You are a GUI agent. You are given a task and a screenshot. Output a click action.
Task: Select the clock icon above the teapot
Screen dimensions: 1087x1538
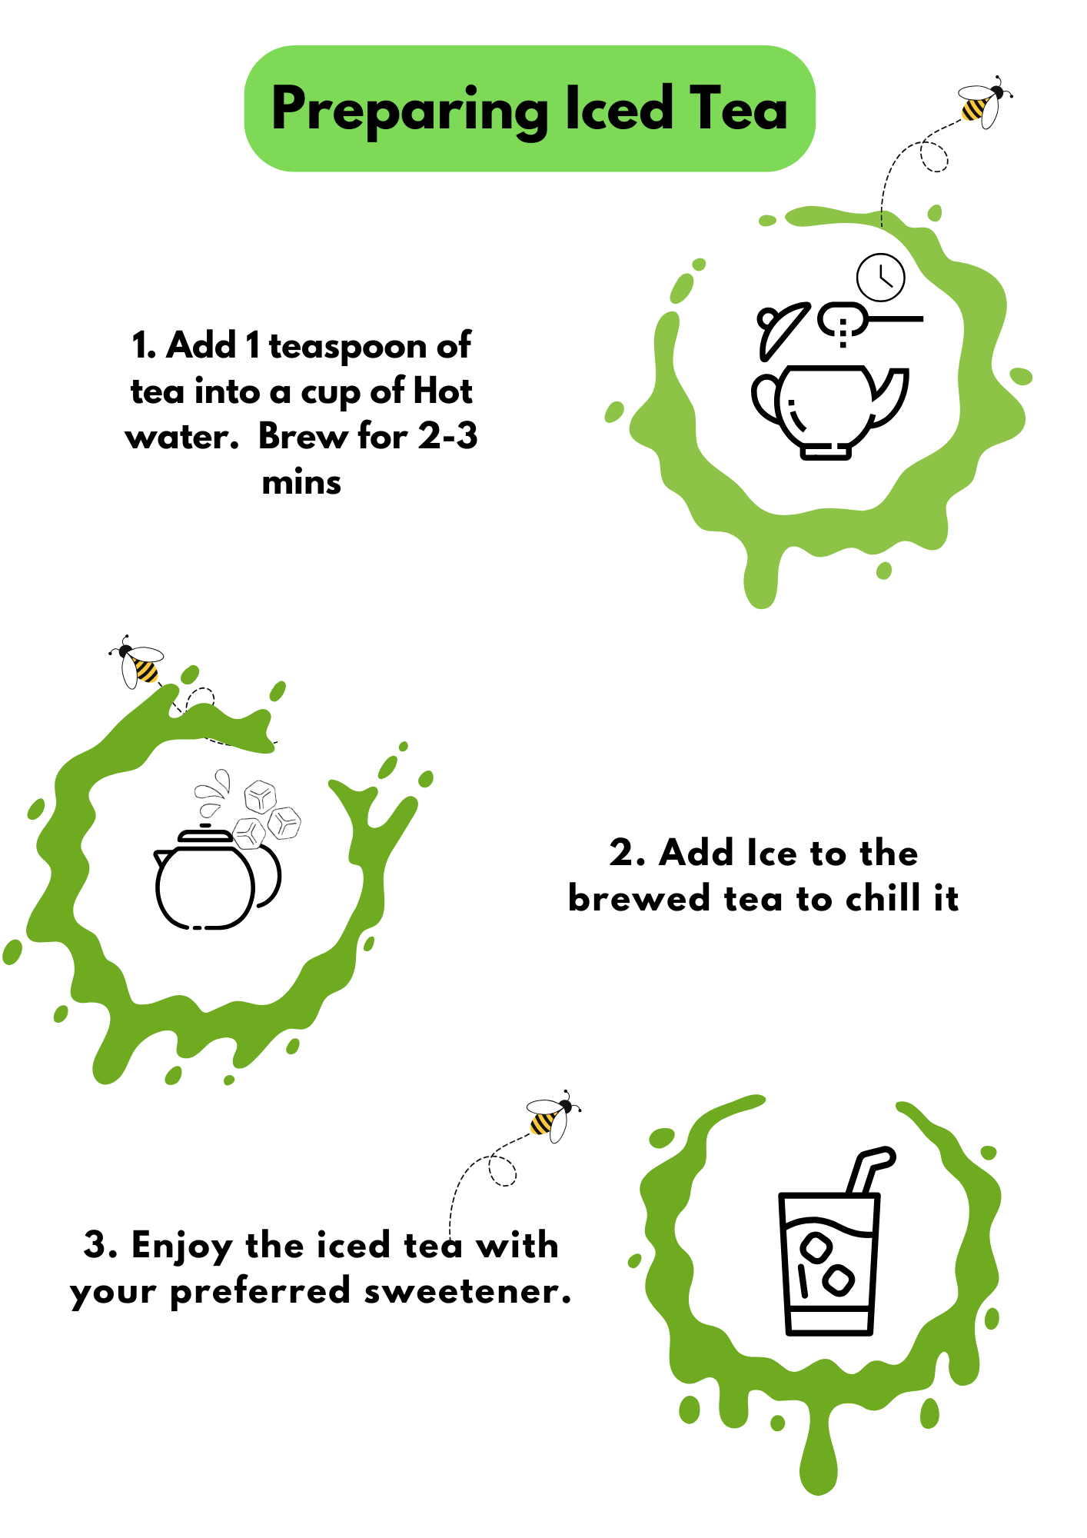(881, 277)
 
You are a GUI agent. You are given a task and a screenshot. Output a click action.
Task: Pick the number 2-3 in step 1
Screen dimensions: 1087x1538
(447, 436)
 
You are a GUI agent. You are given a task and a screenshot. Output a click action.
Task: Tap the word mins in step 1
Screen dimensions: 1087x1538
(301, 483)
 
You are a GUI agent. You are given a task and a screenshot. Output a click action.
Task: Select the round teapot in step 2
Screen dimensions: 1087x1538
(218, 877)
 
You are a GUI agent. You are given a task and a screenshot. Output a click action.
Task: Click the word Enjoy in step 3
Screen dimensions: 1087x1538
(181, 1247)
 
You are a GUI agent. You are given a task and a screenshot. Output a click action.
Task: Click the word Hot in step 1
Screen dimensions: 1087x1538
(443, 391)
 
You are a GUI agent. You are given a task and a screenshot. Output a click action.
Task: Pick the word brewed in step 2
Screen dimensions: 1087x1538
(639, 898)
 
